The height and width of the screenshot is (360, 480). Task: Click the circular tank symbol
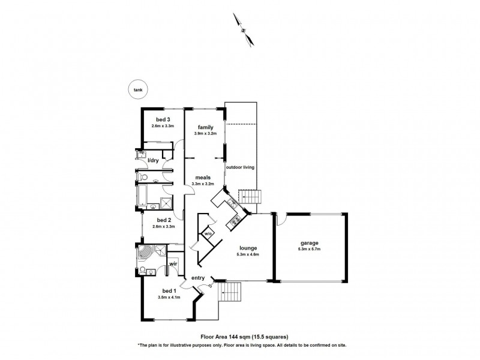pyautogui.click(x=138, y=89)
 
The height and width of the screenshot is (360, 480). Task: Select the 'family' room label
pyautogui.click(x=204, y=127)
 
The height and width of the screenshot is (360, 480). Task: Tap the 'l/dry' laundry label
pyautogui.click(x=153, y=160)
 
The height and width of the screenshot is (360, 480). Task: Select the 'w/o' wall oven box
pyautogui.click(x=208, y=233)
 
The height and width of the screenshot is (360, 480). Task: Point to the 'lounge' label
pyautogui.click(x=248, y=248)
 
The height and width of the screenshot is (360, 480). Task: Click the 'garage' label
pyautogui.click(x=310, y=243)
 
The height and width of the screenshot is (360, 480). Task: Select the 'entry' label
pyautogui.click(x=199, y=278)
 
